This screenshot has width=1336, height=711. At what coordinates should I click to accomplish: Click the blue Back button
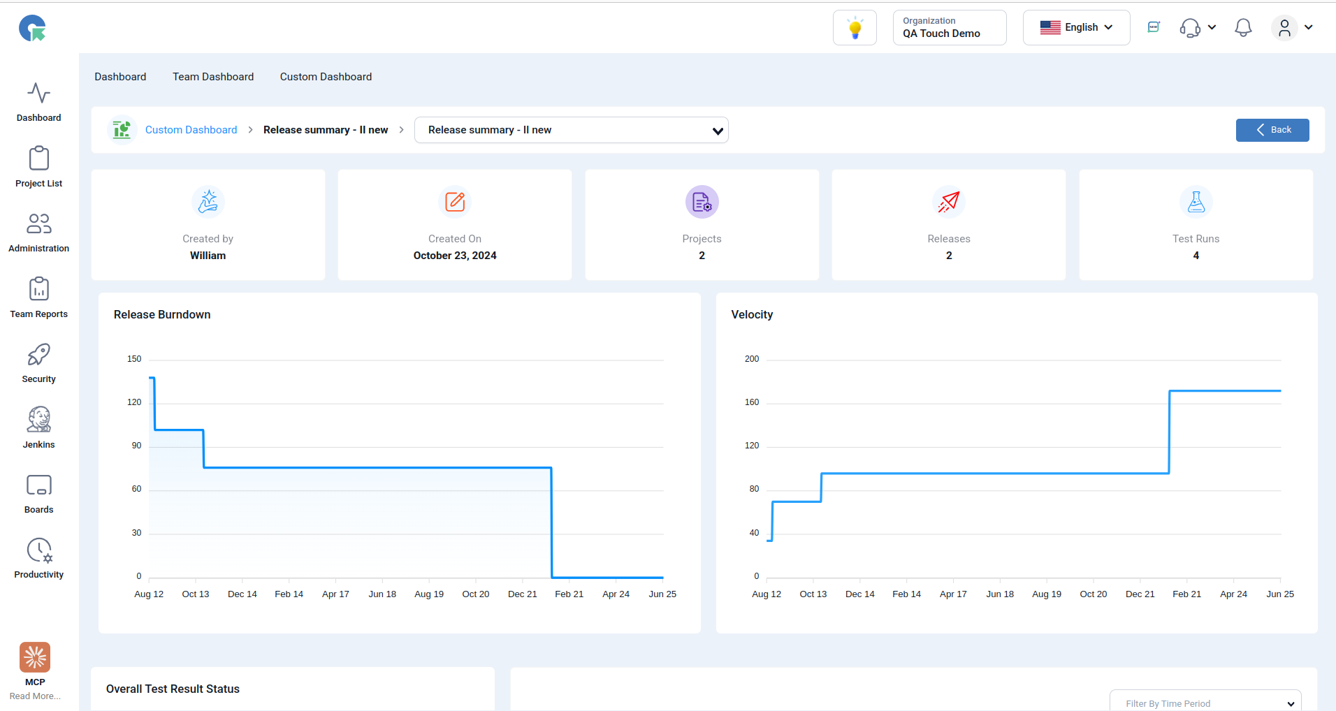[1272, 130]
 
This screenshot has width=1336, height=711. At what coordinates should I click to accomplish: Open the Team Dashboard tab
[213, 77]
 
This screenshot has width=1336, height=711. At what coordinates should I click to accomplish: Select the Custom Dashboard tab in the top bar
[326, 77]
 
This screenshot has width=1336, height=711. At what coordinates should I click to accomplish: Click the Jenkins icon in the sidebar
[39, 419]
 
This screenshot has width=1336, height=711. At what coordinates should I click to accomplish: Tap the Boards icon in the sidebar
[39, 485]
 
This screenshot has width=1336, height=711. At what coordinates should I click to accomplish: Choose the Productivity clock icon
[39, 550]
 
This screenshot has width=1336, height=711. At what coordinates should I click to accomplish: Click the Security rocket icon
[39, 355]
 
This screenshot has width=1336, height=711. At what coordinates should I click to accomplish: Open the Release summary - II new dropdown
[572, 130]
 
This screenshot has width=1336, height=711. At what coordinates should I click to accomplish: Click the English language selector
[1076, 27]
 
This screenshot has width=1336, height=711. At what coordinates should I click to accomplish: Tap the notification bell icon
[1243, 27]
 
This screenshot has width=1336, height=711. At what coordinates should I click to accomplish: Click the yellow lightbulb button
[855, 28]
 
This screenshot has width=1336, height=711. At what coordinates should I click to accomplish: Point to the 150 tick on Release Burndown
[134, 359]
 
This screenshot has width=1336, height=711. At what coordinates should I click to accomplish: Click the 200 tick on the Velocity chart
[752, 359]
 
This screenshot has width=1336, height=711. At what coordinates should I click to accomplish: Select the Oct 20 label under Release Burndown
[476, 594]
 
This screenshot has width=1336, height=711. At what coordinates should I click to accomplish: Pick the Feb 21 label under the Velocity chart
[1186, 594]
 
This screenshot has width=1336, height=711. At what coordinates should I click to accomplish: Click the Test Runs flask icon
[1196, 202]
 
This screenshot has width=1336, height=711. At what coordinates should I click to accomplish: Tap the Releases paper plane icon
[949, 202]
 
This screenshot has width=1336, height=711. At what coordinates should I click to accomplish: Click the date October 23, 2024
[455, 256]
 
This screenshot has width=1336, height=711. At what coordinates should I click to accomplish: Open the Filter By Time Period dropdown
[1205, 701]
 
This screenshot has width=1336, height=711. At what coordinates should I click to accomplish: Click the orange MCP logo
[35, 657]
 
